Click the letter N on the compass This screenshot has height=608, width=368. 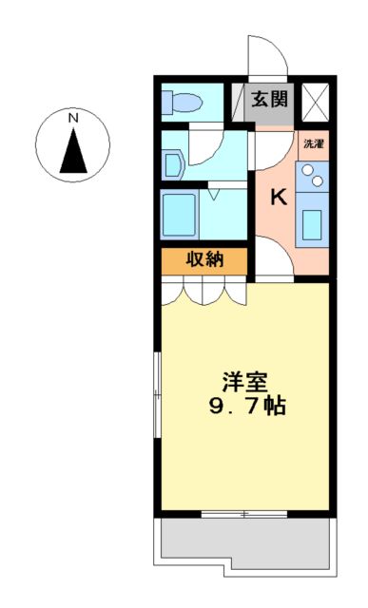coord(72,118)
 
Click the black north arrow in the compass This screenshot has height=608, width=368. coord(72,150)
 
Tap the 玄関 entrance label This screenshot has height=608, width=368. coord(270,98)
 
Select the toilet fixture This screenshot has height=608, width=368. coord(182,101)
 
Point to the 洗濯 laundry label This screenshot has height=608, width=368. coord(313,144)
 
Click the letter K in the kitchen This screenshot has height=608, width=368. coord(279,198)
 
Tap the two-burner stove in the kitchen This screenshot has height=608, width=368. coord(313,175)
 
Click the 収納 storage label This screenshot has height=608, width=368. coord(204,259)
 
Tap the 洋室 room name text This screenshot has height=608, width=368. coord(245,383)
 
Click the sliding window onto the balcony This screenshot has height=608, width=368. coord(245,514)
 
